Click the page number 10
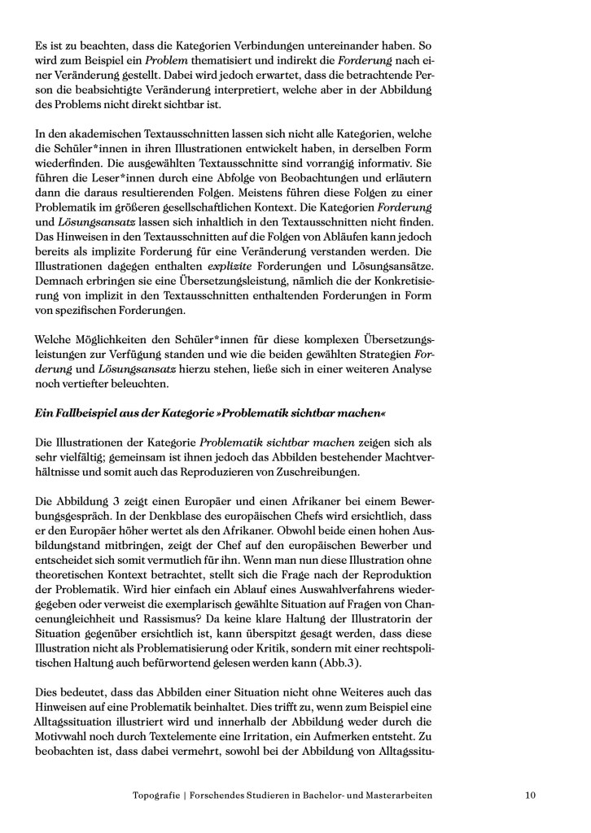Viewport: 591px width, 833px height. tap(530, 795)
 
